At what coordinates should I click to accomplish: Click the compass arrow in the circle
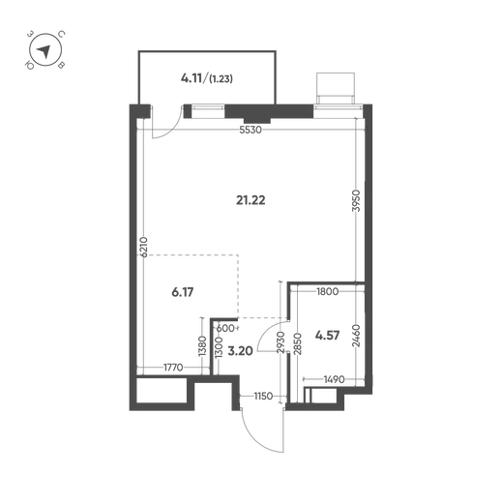[44, 51]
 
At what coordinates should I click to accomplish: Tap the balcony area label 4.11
[192, 78]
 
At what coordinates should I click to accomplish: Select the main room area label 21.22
[251, 200]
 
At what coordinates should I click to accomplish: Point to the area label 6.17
[183, 292]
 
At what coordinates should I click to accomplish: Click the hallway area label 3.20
[240, 351]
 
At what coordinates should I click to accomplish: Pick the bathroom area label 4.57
[327, 336]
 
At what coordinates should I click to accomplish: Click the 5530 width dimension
[251, 130]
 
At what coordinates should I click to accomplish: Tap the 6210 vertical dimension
[144, 247]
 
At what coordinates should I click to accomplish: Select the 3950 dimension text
[356, 200]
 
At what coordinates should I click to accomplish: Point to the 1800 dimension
[328, 291]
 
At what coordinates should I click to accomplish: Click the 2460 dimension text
[356, 336]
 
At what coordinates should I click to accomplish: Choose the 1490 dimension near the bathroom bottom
[335, 379]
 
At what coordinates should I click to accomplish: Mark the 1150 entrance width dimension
[263, 396]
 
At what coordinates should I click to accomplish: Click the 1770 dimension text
[173, 368]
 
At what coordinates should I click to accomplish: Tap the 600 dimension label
[225, 328]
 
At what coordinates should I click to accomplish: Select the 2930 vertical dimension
[281, 341]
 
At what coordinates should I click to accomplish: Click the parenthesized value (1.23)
[221, 78]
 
